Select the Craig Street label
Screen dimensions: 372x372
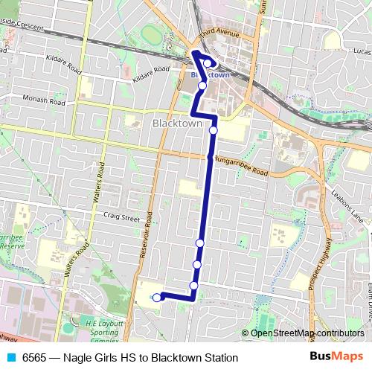122,219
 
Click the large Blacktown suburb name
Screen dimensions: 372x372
177,124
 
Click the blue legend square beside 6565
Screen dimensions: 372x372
10,358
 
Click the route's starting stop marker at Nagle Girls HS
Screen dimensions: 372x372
156,298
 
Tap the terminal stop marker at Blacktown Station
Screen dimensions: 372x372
207,63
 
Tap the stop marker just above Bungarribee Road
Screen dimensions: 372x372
213,130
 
